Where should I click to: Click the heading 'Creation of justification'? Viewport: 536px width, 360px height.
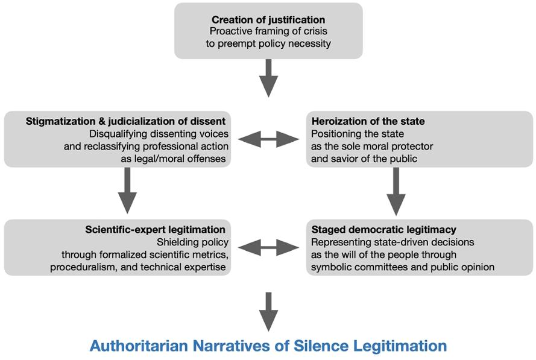tap(268, 20)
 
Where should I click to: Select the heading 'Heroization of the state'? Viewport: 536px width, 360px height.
tap(368, 121)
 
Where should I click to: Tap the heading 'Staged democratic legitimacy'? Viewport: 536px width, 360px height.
tap(383, 230)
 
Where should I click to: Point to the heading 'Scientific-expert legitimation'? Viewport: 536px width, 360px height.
tap(156, 230)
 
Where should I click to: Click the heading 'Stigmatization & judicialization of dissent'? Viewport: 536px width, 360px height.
tap(125, 121)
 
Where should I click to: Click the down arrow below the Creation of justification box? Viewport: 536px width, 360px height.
tap(269, 78)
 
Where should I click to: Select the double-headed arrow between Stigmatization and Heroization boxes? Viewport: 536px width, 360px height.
tap(268, 140)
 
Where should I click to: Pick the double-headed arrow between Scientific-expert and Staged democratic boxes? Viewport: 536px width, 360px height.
tap(268, 247)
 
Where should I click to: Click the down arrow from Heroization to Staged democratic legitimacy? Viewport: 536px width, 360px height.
tap(396, 191)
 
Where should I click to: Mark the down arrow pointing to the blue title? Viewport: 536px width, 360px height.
tap(269, 311)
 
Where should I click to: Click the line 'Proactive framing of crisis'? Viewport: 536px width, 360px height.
tap(268, 31)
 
